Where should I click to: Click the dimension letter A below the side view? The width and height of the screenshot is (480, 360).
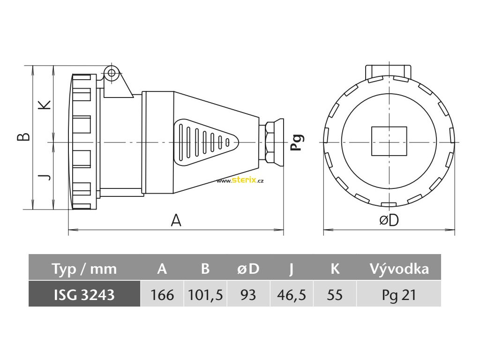[x=176, y=220]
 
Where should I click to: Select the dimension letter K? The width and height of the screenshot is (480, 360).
[x=45, y=105]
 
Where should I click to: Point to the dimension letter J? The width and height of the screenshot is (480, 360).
[x=45, y=177]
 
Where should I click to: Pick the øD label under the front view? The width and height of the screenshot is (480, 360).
[x=389, y=220]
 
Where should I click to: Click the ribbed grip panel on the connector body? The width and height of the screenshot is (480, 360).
[x=204, y=141]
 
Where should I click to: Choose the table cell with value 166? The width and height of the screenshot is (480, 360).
[x=162, y=295]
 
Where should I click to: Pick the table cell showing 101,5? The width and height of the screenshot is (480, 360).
[x=205, y=295]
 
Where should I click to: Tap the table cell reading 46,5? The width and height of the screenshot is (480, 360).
[x=292, y=295]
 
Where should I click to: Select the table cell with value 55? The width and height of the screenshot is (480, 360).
[x=335, y=295]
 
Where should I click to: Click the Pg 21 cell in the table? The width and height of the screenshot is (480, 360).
[x=399, y=295]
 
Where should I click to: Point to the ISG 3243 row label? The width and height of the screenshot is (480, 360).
[x=84, y=295]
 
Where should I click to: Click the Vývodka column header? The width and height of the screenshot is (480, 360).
[x=399, y=269]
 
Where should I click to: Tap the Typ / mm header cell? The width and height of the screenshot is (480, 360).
[x=84, y=269]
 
